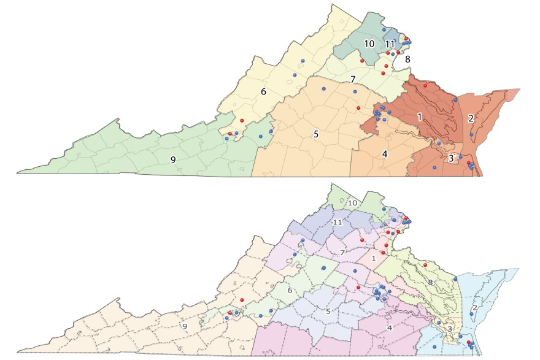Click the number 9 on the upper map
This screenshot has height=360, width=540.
(173, 159)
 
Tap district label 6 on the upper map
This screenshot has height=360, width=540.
(263, 91)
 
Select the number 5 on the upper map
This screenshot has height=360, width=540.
(316, 134)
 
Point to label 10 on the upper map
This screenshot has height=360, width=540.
(369, 44)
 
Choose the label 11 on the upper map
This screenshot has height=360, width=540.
(390, 44)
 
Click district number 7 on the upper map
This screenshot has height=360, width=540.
(353, 79)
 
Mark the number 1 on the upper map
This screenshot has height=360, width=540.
(420, 116)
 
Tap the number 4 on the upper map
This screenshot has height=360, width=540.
(385, 153)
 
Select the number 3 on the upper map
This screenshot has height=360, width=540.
(451, 158)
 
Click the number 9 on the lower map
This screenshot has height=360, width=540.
(184, 326)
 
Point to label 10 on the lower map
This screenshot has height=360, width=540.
(353, 202)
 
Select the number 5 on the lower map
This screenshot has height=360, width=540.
(328, 312)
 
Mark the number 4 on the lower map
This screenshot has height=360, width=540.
(389, 328)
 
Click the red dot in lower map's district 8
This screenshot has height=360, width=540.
(425, 264)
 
